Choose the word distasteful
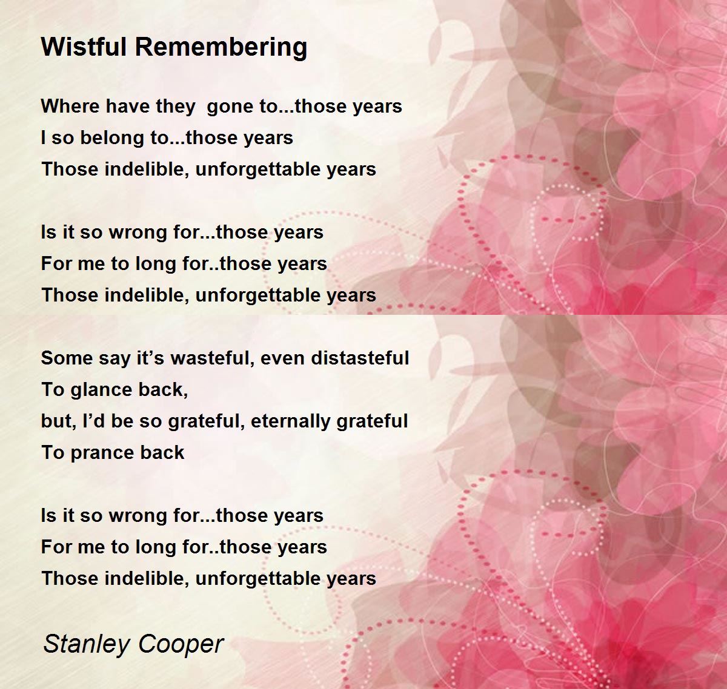tap(360, 358)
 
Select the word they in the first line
tap(176, 107)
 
